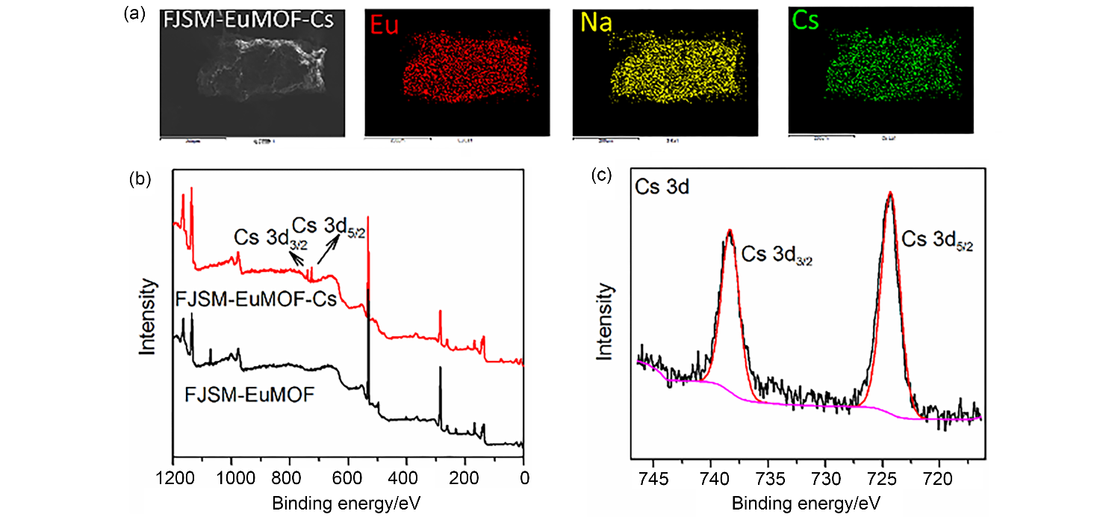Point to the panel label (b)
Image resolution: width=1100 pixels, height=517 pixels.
click(141, 179)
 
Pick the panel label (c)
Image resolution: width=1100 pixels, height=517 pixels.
click(602, 176)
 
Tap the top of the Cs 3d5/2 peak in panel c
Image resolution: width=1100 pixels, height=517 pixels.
click(889, 194)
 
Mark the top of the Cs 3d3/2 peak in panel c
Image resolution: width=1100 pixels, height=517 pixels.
click(729, 231)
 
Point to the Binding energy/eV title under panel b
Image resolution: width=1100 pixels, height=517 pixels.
click(348, 499)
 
